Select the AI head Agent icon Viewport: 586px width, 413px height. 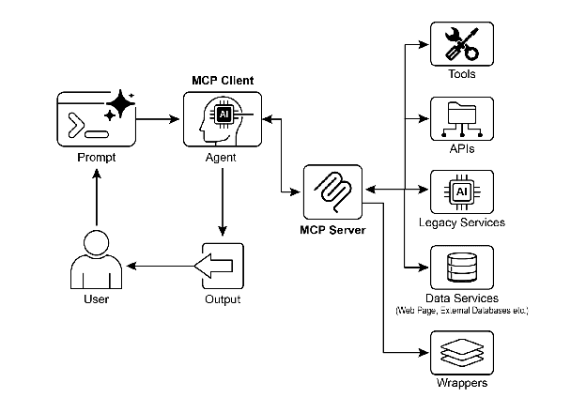pos(222,119)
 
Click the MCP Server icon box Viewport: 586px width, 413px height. pos(333,191)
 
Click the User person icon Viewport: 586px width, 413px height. pos(97,264)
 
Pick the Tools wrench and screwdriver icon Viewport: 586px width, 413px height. pos(461,42)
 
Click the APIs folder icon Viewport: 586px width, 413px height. pos(461,118)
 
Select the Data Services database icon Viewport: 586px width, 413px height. pos(461,266)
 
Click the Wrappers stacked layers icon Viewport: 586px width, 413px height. pos(461,354)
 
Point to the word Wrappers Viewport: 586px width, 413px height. pos(461,384)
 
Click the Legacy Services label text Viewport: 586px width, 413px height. pos(461,222)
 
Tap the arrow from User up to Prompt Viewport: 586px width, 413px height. pos(97,203)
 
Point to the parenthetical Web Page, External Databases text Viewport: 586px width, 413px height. pos(461,310)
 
